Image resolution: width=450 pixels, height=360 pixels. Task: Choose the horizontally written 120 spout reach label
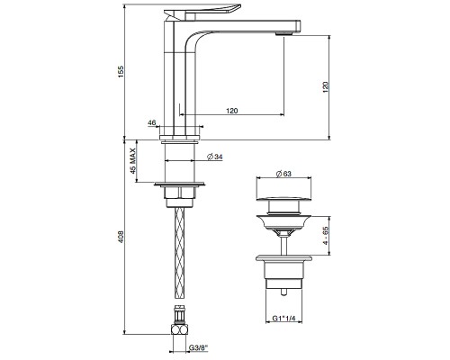click(x=231, y=110)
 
